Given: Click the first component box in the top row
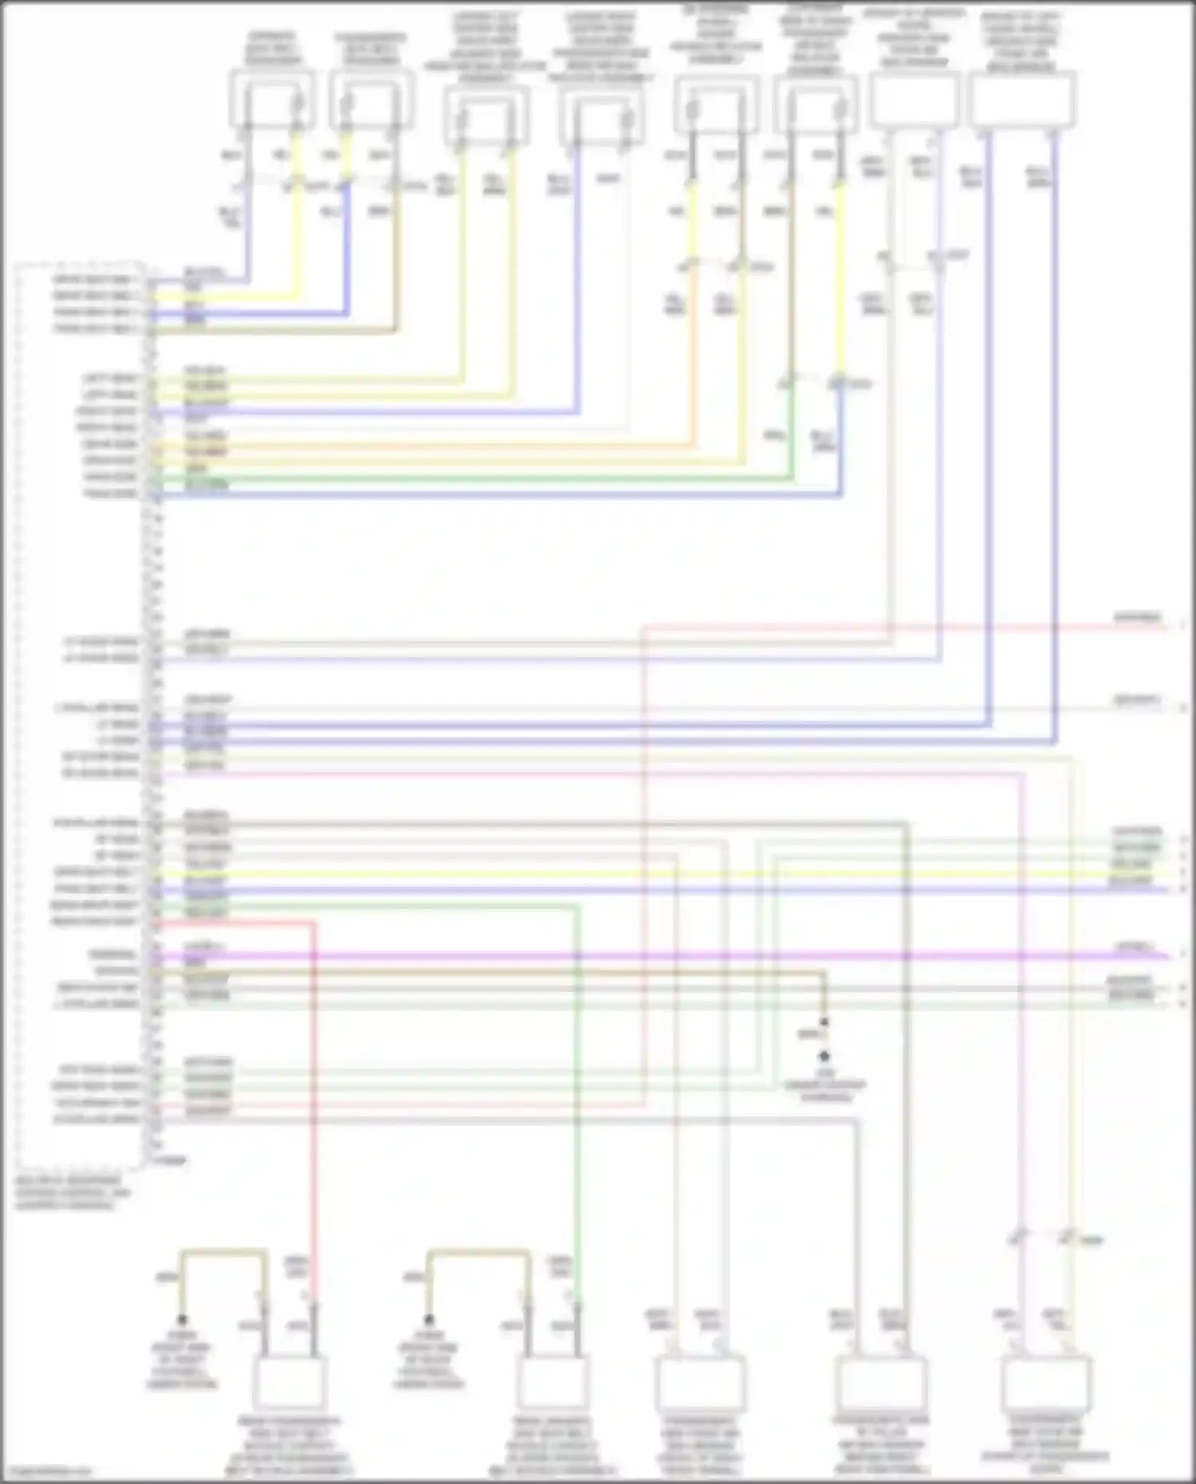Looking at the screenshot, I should click(x=271, y=100).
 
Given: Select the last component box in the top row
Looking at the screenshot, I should click(x=1023, y=100).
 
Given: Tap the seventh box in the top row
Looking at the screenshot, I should click(x=914, y=100).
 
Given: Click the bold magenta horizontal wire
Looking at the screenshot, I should click(x=638, y=955).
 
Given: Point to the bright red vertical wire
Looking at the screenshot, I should click(x=314, y=1116).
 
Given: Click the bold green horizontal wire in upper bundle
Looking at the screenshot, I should click(x=478, y=478).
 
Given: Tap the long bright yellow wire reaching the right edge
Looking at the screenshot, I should click(x=638, y=872).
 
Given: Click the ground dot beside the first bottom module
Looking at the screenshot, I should click(x=182, y=1320).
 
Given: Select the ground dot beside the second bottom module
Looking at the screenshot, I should click(x=428, y=1320).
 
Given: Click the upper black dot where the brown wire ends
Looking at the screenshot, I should click(x=824, y=1022).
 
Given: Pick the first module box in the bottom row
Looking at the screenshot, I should click(x=289, y=1384).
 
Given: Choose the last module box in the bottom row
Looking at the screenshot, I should click(x=1045, y=1383).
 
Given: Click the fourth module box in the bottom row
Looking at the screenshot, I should click(x=881, y=1384).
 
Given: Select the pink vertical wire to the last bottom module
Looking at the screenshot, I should click(x=1023, y=1037).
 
